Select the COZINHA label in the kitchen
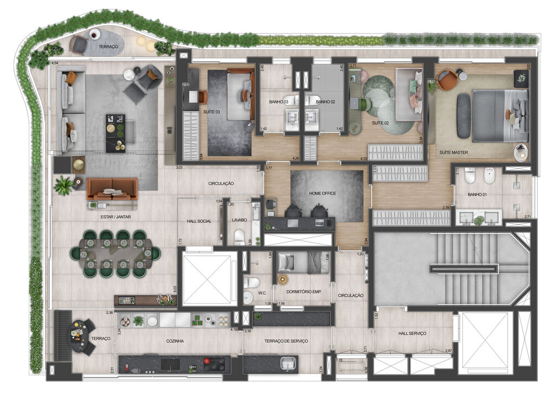pyautogui.click(x=175, y=341)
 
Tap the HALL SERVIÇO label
pyautogui.click(x=412, y=333)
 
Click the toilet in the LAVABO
pyautogui.click(x=239, y=236)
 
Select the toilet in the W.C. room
pyautogui.click(x=251, y=282)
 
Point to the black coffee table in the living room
pyautogui.click(x=115, y=133)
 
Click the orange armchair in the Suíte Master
pyautogui.click(x=447, y=80)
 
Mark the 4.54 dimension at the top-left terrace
pyautogui.click(x=54, y=64)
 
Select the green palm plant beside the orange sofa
pyautogui.click(x=63, y=185)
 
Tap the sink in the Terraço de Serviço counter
pyautogui.click(x=288, y=363)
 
